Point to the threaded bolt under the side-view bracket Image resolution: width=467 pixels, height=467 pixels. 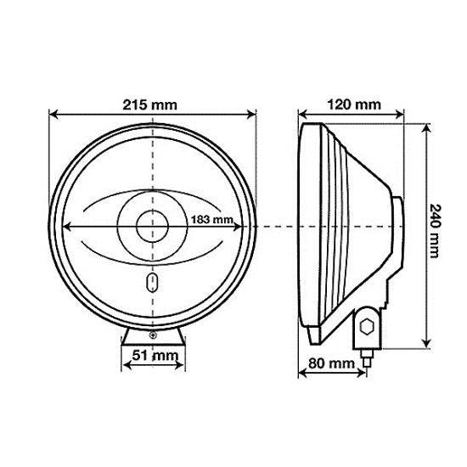click(368, 358)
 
